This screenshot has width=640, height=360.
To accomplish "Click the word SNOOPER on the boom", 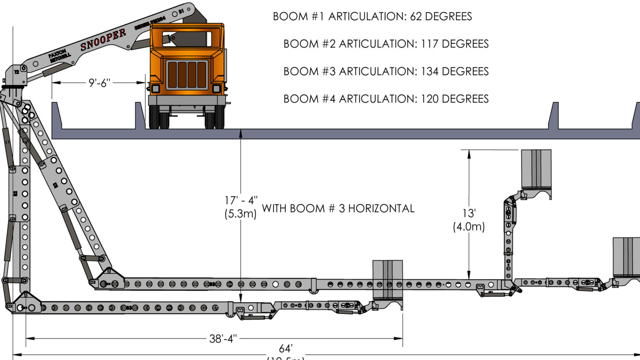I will (103, 40).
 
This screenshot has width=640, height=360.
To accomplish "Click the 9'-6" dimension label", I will (99, 83).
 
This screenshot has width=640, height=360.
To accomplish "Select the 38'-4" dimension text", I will (223, 339).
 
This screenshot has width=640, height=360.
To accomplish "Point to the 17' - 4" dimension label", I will (241, 200).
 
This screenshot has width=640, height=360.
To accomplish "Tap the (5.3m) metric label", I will (240, 214).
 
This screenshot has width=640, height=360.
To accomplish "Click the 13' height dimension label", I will (469, 213).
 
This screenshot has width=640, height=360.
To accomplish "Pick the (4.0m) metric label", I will (469, 227).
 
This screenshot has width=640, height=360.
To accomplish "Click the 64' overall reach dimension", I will (285, 349).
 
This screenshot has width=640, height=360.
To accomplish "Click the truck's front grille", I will (187, 75).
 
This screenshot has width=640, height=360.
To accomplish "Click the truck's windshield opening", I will (187, 39).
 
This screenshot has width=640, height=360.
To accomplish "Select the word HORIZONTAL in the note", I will (381, 208).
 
